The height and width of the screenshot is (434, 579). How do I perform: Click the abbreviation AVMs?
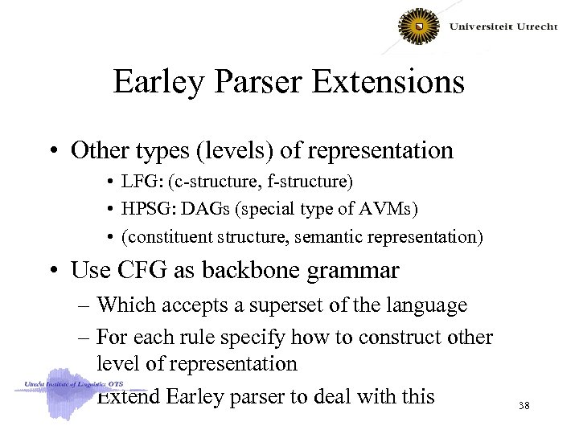click(x=388, y=209)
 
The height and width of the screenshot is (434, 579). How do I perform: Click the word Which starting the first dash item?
click(x=121, y=305)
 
